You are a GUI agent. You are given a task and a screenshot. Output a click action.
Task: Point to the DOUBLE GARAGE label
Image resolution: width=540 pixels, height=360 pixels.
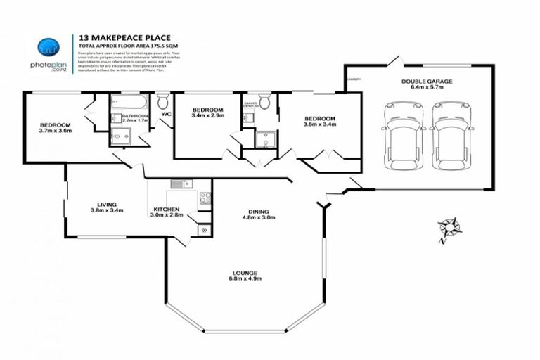427,82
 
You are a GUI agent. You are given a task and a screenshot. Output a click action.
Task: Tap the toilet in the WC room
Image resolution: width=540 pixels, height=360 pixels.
162,101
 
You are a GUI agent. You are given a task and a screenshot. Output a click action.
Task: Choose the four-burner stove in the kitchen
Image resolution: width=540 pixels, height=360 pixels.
205,198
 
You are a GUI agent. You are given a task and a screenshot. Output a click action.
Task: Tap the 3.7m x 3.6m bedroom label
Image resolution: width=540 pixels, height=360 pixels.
56,131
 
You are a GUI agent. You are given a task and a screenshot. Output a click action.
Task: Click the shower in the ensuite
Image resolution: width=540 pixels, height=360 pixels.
265,139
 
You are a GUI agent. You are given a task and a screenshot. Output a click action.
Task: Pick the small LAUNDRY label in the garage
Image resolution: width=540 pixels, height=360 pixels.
354,79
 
